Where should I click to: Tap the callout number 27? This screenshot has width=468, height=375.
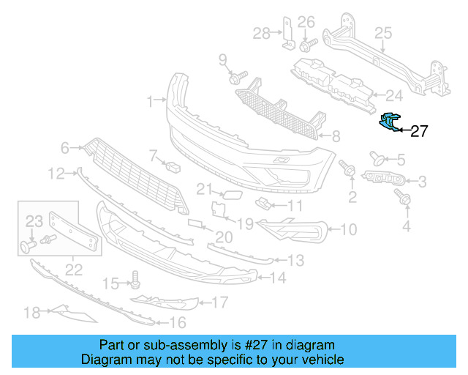[x=419, y=132]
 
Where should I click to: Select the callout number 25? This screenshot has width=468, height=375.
[x=384, y=32]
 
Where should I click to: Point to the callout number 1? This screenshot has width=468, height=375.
[x=151, y=100]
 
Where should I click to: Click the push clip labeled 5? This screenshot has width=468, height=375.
[x=379, y=157]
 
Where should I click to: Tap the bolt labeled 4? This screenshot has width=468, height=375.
[x=401, y=196]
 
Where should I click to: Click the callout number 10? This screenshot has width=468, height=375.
[x=349, y=230]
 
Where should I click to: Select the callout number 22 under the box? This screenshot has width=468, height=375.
[x=74, y=269]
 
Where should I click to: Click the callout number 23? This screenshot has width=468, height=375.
[x=35, y=220]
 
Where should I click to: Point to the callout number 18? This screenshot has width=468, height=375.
[x=31, y=313]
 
